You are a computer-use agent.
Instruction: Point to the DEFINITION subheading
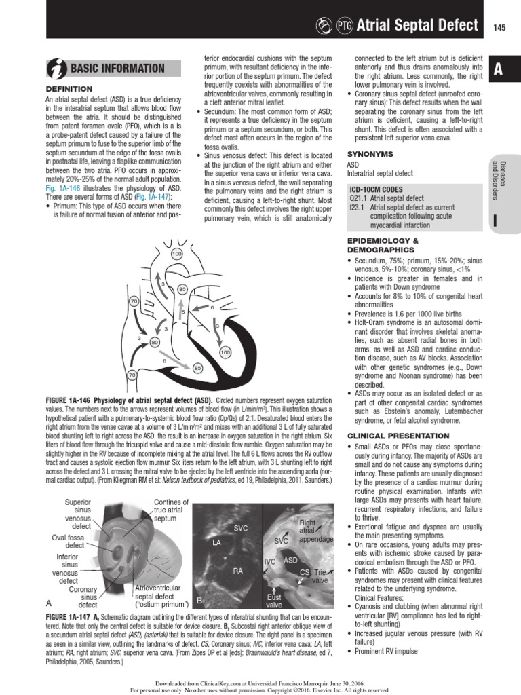(69, 89)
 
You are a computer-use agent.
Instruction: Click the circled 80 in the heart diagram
(155, 343)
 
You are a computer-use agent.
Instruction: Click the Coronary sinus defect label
(83, 597)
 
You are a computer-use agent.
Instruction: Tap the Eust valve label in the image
(274, 601)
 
